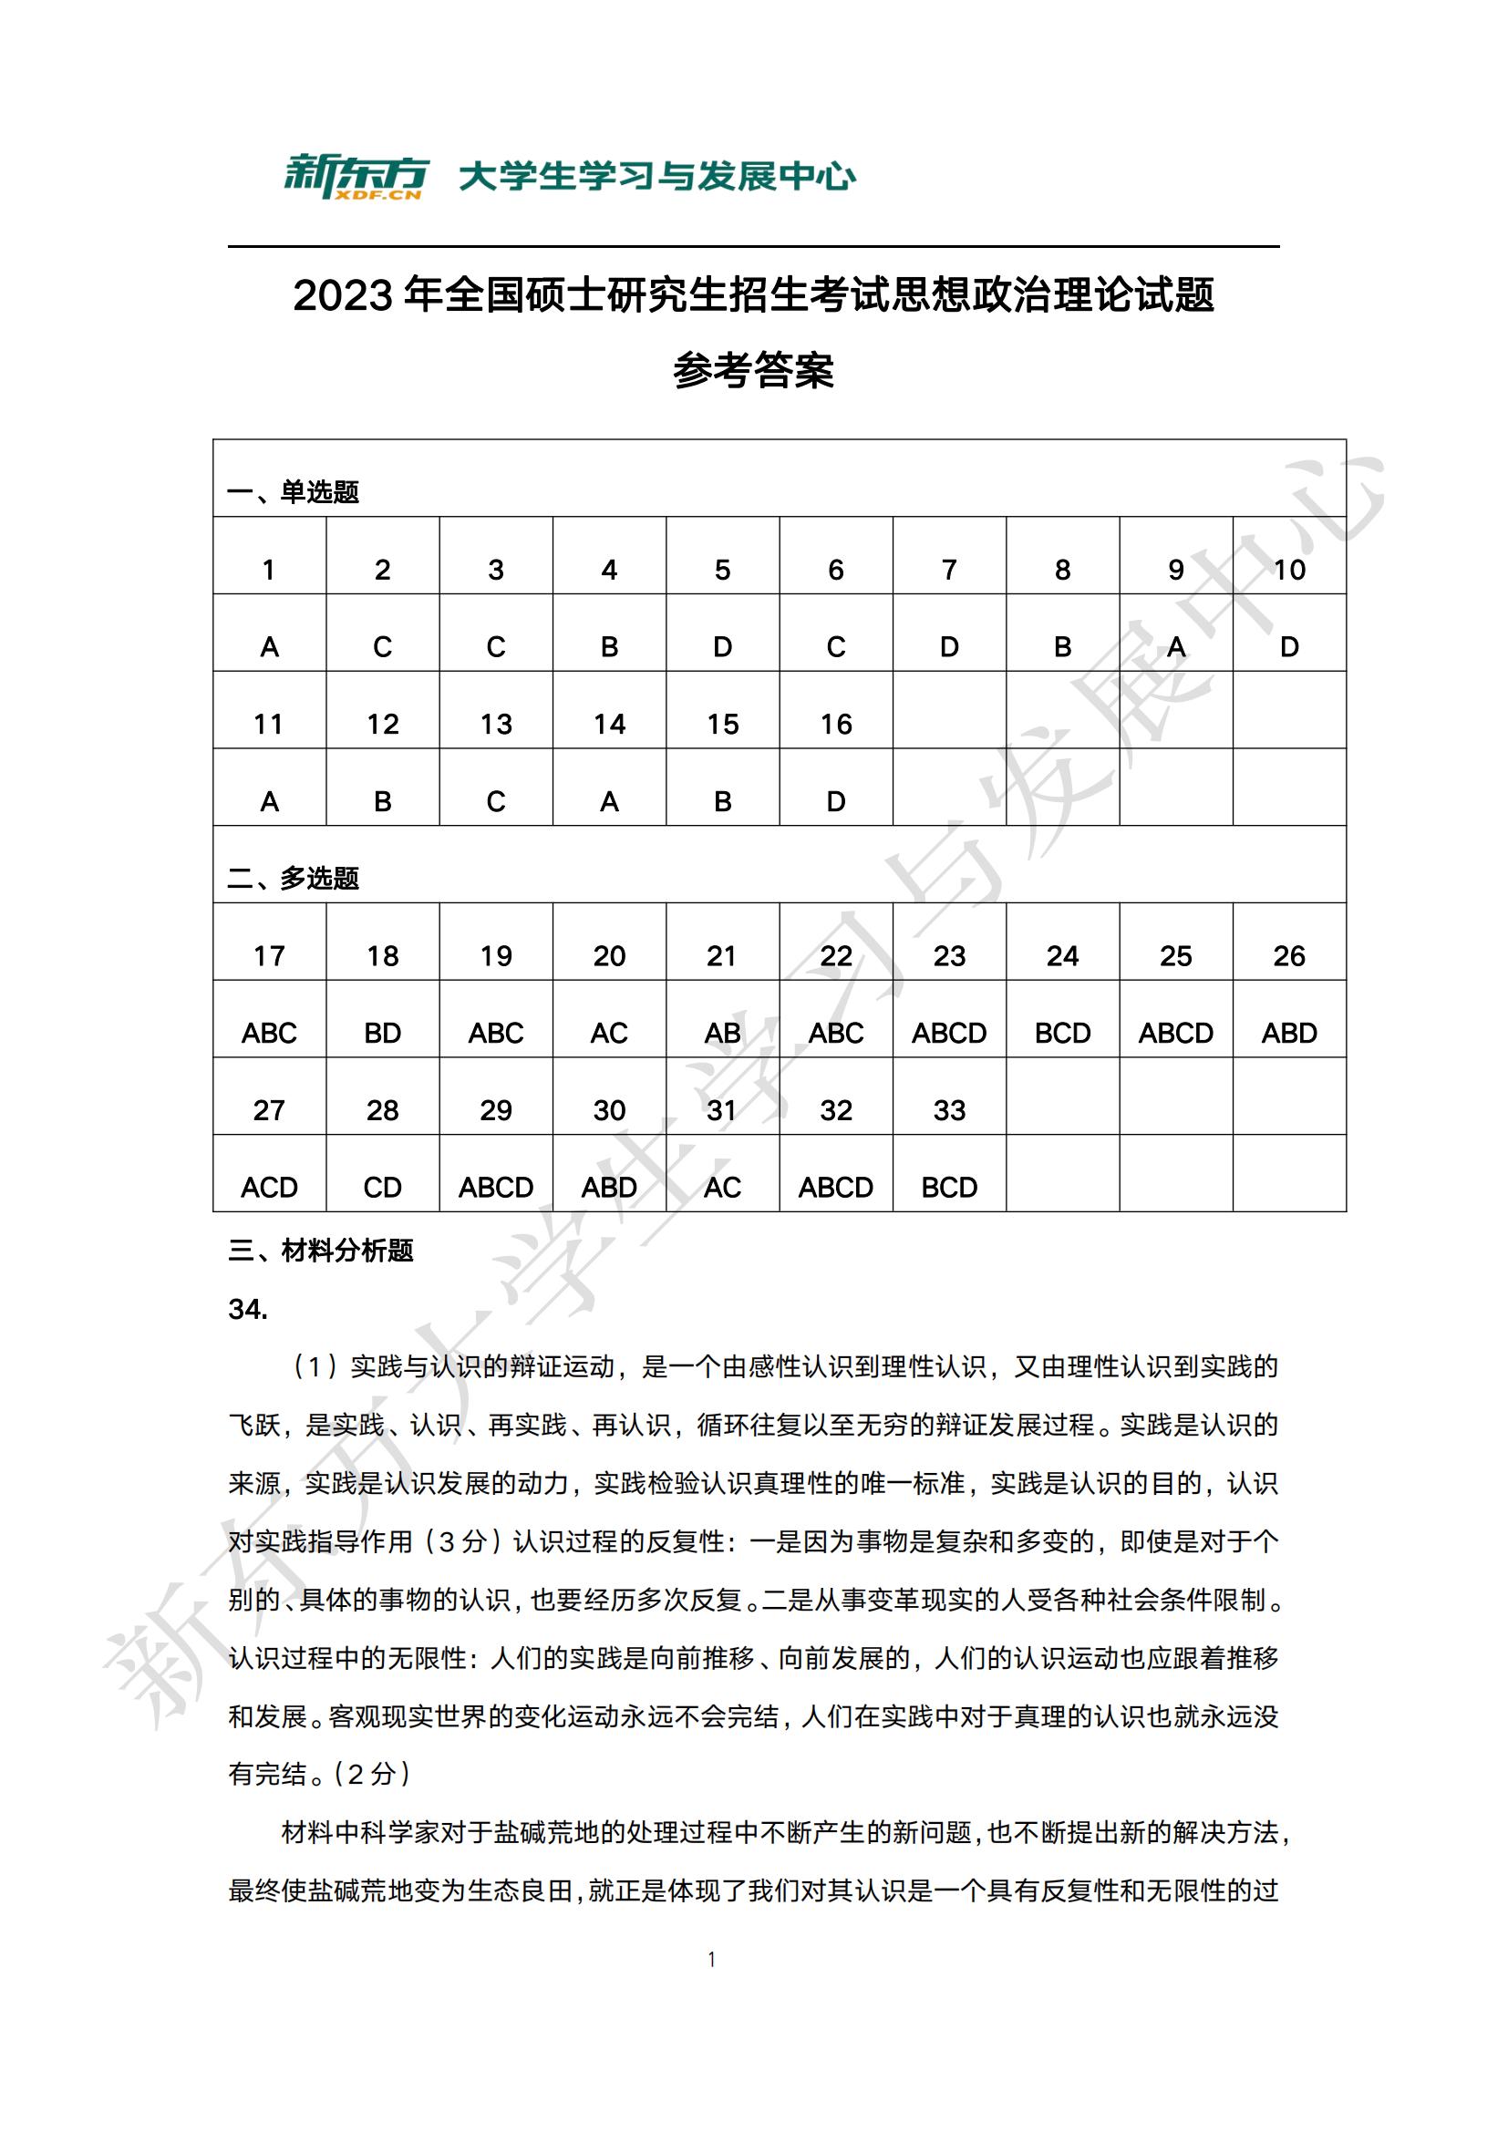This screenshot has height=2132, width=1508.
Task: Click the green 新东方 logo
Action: (x=356, y=177)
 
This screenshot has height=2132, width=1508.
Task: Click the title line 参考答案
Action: (x=753, y=370)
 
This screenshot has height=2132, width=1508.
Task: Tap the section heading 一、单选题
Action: (x=294, y=492)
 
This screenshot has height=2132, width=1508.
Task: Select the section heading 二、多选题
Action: (x=294, y=879)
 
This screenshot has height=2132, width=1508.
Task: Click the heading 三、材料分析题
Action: (x=320, y=1251)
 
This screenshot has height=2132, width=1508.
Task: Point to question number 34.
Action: (x=248, y=1309)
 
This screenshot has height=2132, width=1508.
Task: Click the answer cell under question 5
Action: (x=722, y=647)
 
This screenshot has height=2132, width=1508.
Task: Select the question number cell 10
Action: (x=1289, y=570)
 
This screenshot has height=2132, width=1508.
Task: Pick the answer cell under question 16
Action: (x=836, y=801)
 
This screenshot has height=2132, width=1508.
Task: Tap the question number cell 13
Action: (x=496, y=725)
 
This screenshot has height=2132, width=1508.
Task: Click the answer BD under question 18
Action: (x=383, y=1034)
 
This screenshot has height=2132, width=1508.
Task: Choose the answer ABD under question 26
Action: (x=1289, y=1034)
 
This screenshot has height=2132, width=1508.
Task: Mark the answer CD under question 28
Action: (x=383, y=1188)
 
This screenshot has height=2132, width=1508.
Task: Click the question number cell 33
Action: (x=949, y=1110)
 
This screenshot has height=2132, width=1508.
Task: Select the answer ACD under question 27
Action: (x=269, y=1188)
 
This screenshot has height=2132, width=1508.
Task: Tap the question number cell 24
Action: (x=1062, y=956)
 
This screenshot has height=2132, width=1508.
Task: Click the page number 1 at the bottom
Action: (x=712, y=1961)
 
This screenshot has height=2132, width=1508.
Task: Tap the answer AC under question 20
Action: (x=609, y=1034)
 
